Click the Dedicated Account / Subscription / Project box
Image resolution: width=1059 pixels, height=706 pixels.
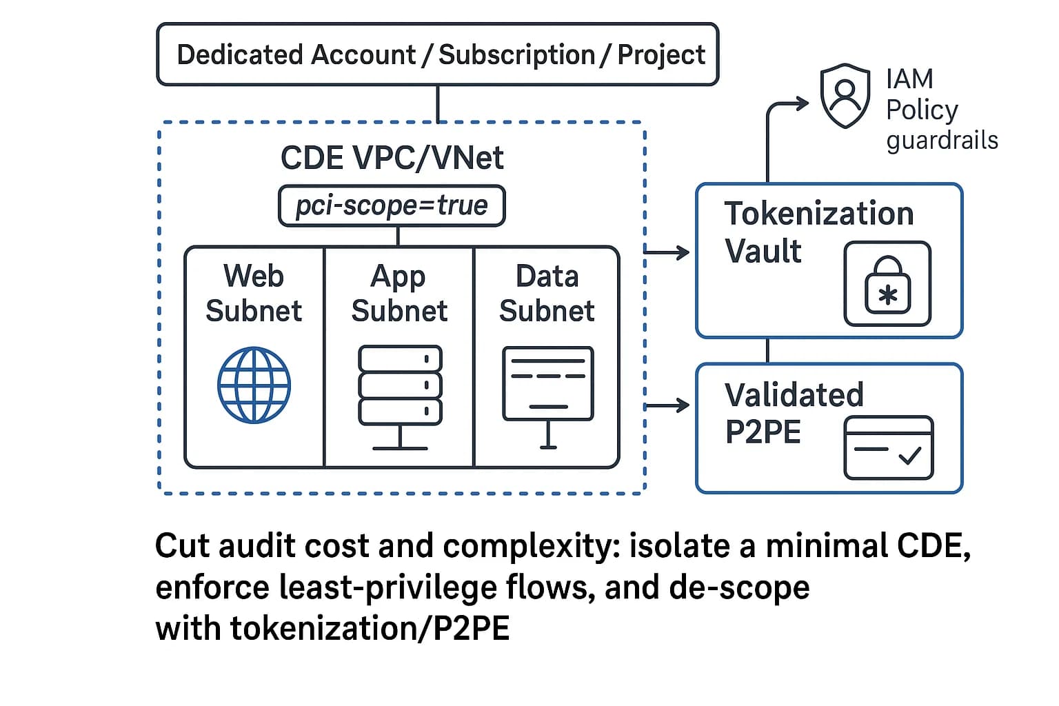tap(438, 54)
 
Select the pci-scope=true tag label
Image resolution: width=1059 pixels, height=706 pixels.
tap(392, 205)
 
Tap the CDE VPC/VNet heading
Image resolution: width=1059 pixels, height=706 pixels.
tap(392, 158)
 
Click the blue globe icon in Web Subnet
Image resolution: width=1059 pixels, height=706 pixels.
tap(254, 385)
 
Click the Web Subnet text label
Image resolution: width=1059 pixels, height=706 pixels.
tap(254, 293)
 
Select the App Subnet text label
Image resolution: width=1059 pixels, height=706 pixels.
tap(399, 293)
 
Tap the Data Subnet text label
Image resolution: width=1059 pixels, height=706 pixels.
tap(547, 293)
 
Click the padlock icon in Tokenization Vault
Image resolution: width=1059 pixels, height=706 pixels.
tap(887, 284)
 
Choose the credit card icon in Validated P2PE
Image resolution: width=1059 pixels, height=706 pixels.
tap(888, 447)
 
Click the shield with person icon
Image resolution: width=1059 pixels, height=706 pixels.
tap(845, 96)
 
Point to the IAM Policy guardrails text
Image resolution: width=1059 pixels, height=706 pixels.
tap(941, 110)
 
